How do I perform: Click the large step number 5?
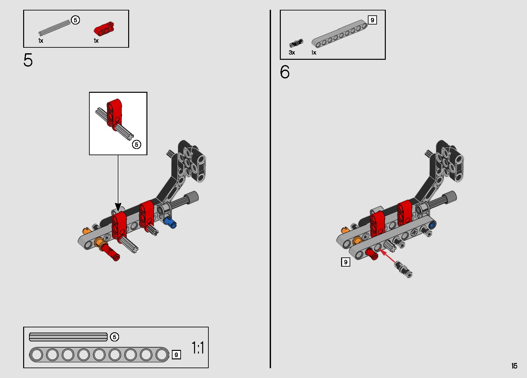click(x=28, y=60)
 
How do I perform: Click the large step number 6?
click(x=285, y=72)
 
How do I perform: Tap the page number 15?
click(x=514, y=366)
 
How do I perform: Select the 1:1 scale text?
click(x=198, y=348)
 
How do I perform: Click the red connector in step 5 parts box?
click(x=104, y=29)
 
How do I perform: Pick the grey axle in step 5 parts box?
click(x=54, y=28)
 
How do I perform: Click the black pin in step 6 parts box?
click(x=296, y=43)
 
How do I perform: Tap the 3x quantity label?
click(x=292, y=53)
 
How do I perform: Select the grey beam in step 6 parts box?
click(x=339, y=33)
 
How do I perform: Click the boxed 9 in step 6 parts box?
click(x=372, y=20)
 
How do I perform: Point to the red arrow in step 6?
click(x=387, y=256)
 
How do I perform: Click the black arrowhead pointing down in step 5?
click(x=118, y=207)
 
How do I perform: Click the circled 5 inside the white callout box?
click(x=136, y=144)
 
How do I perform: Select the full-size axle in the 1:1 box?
click(x=68, y=337)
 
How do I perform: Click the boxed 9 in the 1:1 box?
click(x=176, y=355)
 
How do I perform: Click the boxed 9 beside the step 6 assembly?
click(x=346, y=262)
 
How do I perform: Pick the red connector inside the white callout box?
click(x=114, y=114)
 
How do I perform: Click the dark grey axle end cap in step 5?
click(x=192, y=197)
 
